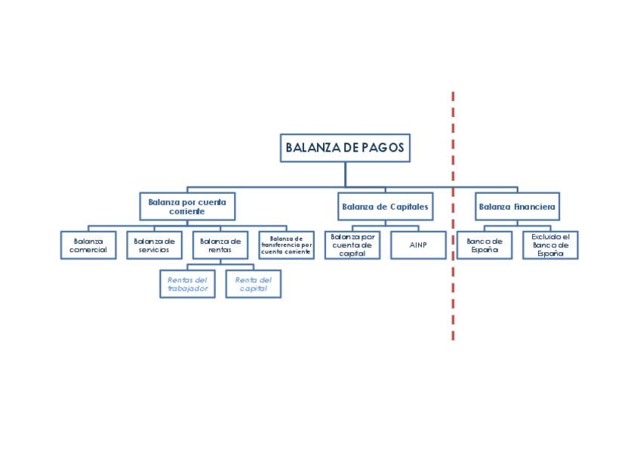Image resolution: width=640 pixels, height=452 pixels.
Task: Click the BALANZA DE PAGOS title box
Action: pos(345,148)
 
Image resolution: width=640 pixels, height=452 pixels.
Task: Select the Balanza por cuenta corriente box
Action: pos(187,206)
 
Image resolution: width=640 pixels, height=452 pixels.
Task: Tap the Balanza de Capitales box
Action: pos(385,206)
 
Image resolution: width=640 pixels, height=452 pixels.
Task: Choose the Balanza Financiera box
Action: pos(517,206)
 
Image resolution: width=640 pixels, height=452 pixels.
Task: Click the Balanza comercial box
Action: pos(88,245)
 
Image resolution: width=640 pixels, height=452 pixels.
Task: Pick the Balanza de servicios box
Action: pos(154,245)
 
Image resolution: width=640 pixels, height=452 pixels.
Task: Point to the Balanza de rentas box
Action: pos(220,245)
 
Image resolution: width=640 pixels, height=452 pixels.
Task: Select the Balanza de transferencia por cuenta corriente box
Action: pos(286,245)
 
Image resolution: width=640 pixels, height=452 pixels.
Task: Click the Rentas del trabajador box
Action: pos(187,284)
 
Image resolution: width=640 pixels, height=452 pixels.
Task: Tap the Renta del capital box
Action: pos(253,284)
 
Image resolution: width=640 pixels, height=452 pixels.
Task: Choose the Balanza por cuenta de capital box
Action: pos(352,245)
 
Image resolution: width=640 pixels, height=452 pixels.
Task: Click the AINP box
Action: pos(418,245)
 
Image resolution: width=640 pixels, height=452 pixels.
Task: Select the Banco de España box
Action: pos(484,245)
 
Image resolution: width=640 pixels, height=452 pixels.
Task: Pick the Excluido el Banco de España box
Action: pos(550,245)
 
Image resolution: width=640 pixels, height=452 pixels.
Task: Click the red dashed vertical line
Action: pos(453,302)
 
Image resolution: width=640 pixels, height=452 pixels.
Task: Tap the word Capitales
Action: pos(409,206)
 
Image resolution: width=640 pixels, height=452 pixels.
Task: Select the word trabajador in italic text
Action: pos(187,288)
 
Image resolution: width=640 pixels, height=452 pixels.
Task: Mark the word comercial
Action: pos(88,250)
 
